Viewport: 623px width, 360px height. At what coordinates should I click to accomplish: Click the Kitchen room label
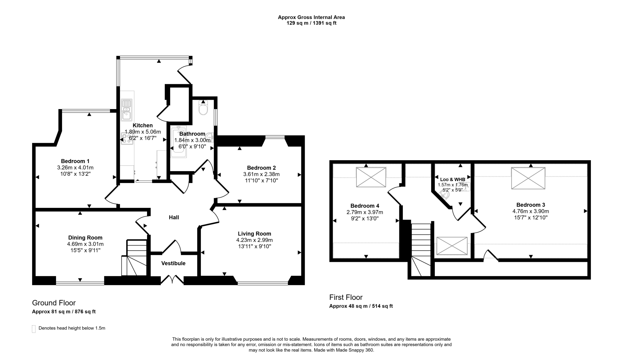tap(143, 125)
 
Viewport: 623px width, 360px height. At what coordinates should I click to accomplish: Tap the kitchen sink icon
tap(126, 110)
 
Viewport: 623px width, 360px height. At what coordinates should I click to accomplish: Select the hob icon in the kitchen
tap(127, 139)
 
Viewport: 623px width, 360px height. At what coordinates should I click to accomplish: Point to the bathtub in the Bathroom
tap(178, 142)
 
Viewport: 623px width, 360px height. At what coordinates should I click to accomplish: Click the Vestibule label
tap(173, 263)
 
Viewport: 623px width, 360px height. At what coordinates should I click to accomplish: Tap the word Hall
tap(174, 217)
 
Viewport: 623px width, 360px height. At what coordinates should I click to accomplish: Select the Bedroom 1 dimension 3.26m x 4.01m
tap(75, 168)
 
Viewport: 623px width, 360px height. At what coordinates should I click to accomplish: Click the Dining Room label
tap(85, 238)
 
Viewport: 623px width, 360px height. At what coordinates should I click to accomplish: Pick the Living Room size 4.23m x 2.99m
tap(254, 240)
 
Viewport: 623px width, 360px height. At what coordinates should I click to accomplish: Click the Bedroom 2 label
tap(261, 168)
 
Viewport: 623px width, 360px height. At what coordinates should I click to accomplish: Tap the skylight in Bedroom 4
tap(371, 177)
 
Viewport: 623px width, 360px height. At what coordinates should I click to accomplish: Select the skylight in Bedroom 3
tap(528, 178)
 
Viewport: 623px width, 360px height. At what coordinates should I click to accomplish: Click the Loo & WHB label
tap(453, 180)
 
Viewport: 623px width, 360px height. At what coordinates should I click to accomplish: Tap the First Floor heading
tap(346, 297)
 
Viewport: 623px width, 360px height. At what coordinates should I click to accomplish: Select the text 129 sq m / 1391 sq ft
tap(311, 23)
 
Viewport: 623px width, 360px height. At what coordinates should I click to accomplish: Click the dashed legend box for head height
tap(34, 329)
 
